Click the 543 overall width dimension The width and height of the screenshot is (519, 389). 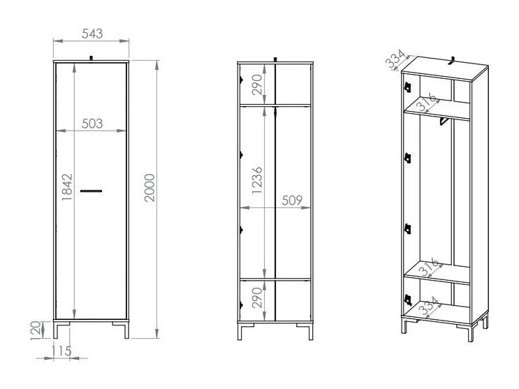[x=92, y=34]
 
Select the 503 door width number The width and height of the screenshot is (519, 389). [x=92, y=124]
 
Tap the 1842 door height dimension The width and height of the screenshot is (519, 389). [x=67, y=186]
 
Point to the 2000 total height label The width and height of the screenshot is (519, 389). [x=149, y=187]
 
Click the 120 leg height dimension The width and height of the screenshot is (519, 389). [x=36, y=330]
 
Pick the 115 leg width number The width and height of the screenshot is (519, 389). [x=61, y=351]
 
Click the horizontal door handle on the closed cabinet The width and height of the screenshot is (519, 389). [x=91, y=191]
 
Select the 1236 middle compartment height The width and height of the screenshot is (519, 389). [x=257, y=180]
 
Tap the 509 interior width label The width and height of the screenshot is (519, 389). [x=292, y=200]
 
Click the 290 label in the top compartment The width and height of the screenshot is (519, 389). [x=257, y=85]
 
